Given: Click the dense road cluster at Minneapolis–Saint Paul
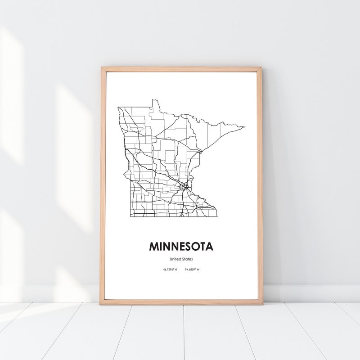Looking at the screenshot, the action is click(x=183, y=186).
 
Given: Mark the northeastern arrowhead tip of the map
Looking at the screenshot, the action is click(x=245, y=127).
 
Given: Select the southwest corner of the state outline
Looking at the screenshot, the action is click(x=130, y=216).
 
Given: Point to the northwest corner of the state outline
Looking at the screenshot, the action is click(x=118, y=107).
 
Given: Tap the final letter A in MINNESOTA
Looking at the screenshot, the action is click(x=210, y=247).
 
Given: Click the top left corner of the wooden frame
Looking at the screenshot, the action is click(x=102, y=67).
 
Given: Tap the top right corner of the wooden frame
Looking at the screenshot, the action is click(x=261, y=67).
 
